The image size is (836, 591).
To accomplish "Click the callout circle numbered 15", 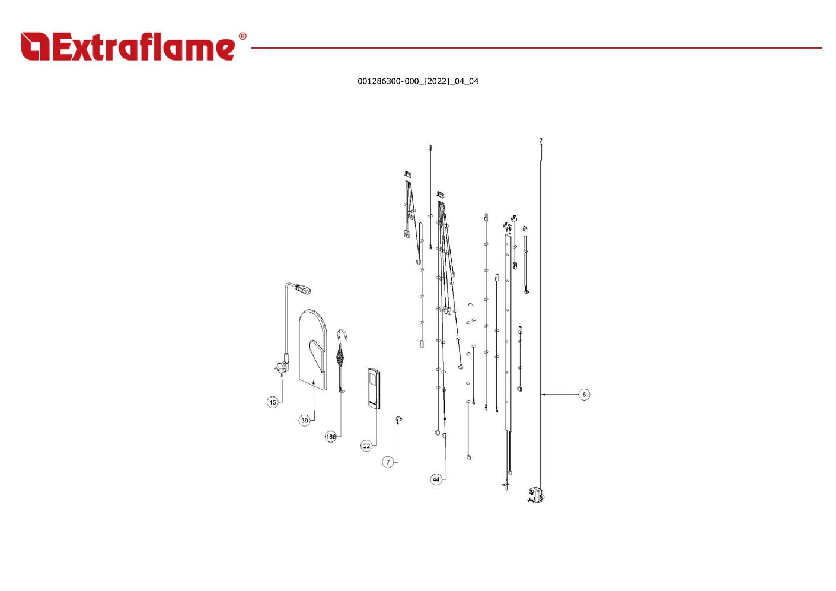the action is [273, 402].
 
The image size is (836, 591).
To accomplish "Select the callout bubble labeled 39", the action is [305, 421].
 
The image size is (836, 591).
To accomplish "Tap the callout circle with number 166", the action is [331, 437].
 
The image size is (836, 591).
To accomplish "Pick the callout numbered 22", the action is [366, 446].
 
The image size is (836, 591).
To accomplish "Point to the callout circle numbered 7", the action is [388, 462].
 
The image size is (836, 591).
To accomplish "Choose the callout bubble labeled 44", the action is [436, 479].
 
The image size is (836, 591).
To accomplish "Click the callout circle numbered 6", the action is [584, 395].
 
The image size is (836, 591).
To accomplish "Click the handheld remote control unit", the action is [374, 389].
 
